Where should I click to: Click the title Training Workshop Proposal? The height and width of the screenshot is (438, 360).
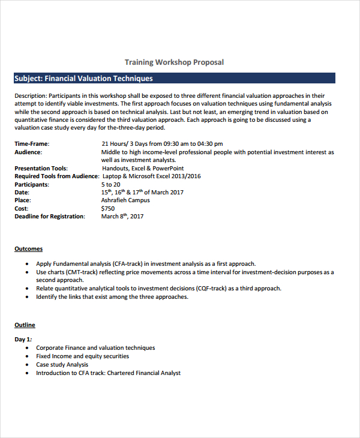coord(174,62)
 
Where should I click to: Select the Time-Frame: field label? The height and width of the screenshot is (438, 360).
coord(32,144)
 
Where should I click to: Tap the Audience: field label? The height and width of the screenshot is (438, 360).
coord(28,152)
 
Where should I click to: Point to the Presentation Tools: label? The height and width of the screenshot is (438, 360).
coord(41,169)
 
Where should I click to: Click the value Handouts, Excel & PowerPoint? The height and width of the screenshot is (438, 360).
coord(143,169)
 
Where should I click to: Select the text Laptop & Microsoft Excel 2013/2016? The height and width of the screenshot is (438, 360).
coord(151,176)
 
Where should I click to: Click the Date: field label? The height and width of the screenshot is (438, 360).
coord(22,193)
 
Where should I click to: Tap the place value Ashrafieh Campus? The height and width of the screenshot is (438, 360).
coord(125,200)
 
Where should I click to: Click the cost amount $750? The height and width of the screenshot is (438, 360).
coord(108,208)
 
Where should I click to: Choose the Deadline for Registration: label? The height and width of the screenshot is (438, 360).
coord(50,217)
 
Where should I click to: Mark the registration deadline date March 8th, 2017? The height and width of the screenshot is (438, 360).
coord(122,217)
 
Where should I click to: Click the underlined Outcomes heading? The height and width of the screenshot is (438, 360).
coord(28,249)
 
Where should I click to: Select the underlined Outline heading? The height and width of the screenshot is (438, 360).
coord(25,325)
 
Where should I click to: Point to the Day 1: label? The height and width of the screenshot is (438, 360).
coord(23,340)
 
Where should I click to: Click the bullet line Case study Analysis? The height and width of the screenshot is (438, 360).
coord(62,365)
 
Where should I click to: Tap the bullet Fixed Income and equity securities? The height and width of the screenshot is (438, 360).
coord(82,356)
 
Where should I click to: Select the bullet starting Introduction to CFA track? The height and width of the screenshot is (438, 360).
coord(108,373)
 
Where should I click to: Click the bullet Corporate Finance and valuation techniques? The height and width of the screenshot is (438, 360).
coord(95,348)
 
